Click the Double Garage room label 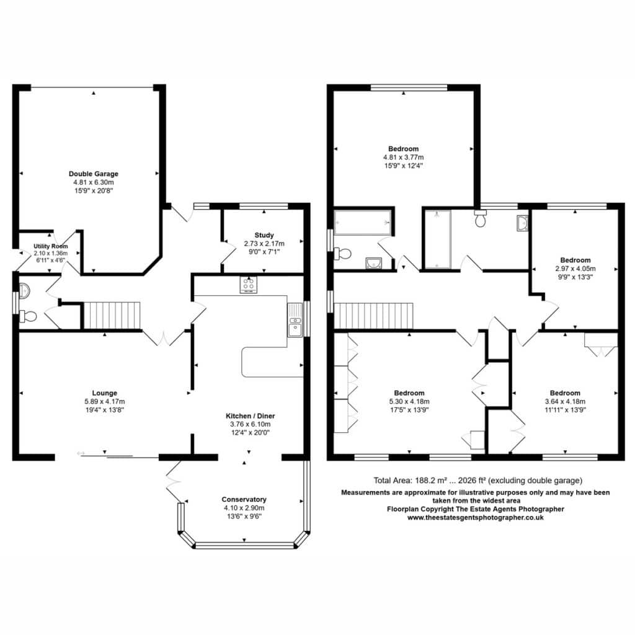tap(94, 174)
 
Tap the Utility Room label tap(51, 246)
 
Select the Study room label tap(264, 235)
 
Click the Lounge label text tap(104, 393)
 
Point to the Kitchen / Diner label tap(251, 416)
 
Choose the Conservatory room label tap(244, 499)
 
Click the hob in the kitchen tap(248, 285)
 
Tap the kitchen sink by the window tap(295, 320)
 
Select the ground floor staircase tap(112, 315)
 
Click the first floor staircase tap(373, 316)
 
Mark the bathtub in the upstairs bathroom tap(363, 223)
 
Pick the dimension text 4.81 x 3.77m tap(403, 157)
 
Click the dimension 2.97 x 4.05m tap(575, 269)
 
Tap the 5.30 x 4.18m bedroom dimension tap(409, 401)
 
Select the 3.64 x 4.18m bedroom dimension tap(565, 401)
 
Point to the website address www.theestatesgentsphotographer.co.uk tap(476, 518)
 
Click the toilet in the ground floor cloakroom tap(28, 316)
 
